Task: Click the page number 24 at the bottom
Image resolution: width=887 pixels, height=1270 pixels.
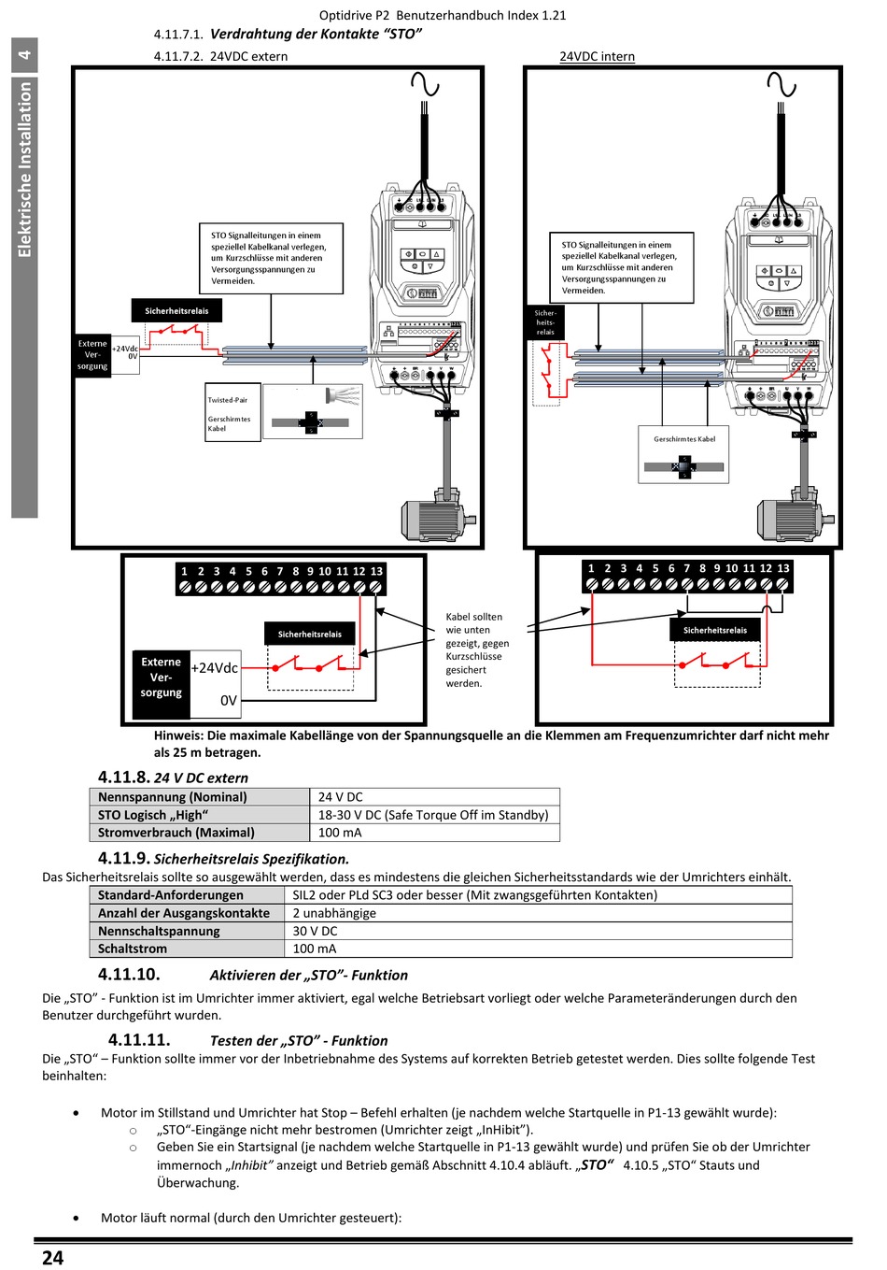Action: [x=52, y=1258]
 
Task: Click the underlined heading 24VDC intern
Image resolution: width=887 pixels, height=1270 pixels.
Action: [x=597, y=56]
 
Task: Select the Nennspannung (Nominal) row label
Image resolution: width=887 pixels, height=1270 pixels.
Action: [x=173, y=797]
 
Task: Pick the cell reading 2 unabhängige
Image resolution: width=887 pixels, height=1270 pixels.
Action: [x=334, y=913]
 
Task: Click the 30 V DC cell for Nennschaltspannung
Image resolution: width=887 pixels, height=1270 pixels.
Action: [x=315, y=931]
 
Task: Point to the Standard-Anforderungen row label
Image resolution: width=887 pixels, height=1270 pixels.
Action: [x=171, y=895]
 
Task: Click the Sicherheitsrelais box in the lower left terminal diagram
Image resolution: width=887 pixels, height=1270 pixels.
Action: [x=310, y=634]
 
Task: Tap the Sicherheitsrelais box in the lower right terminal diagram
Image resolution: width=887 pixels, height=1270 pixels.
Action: [x=715, y=630]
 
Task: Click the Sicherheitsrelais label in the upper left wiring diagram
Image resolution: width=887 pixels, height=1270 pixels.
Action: [x=176, y=311]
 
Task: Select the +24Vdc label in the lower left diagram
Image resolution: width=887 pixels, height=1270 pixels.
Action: [x=215, y=668]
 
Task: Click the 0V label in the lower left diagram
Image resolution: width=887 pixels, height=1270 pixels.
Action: [x=228, y=700]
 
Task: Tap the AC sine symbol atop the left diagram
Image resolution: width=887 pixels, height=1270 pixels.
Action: [x=425, y=85]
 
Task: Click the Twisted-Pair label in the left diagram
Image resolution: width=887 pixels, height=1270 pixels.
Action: [x=228, y=400]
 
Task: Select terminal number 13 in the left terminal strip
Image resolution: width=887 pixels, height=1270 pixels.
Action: [x=376, y=571]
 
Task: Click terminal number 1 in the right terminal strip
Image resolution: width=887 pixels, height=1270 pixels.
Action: [x=591, y=568]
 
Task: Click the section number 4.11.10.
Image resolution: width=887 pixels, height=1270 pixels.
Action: [x=128, y=975]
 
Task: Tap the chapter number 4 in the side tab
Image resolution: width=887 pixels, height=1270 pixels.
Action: [x=24, y=54]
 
